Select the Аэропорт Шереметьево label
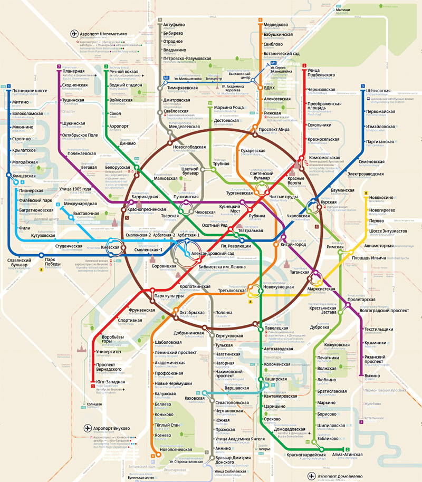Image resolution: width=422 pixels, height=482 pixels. tap(100, 34)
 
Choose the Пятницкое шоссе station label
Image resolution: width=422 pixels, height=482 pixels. tap(30, 91)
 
